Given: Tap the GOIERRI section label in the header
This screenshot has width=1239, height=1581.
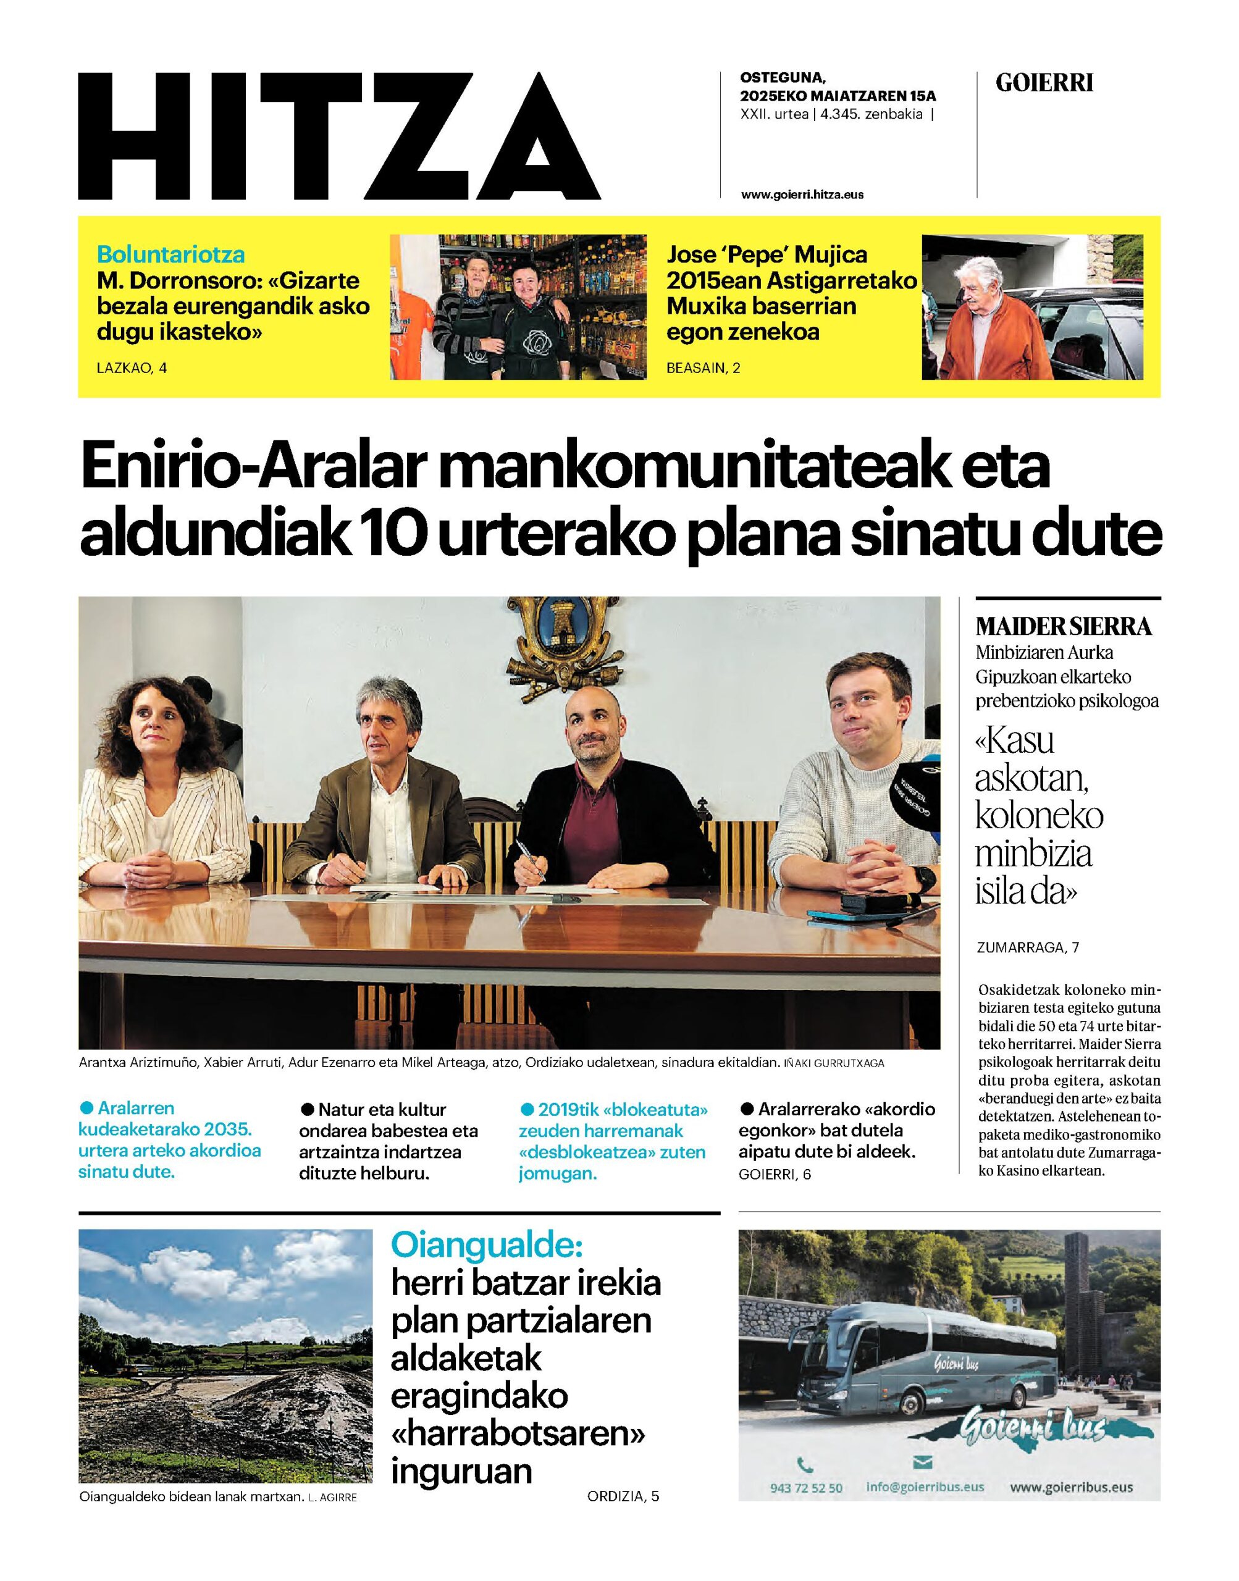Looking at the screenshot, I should coord(1044,83).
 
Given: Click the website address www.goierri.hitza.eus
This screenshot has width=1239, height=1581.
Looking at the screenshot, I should coord(802,195).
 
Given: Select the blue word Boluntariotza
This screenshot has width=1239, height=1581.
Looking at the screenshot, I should coord(171,254).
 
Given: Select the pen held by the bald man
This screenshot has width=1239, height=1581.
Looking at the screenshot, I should coord(532,866).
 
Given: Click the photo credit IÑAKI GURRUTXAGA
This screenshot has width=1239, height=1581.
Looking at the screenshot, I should coord(834,1064).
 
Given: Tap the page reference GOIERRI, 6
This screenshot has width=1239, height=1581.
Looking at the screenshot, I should coord(775,1174).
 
